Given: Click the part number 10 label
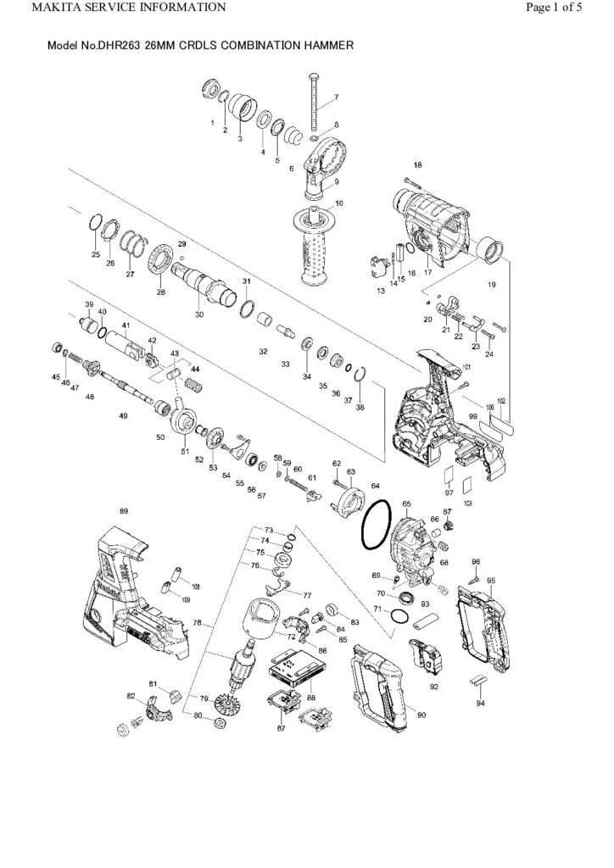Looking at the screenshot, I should click(x=339, y=203).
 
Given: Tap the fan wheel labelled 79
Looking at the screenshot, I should click(x=227, y=702).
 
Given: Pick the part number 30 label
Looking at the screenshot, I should click(x=199, y=314).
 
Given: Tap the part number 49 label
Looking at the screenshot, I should click(x=124, y=415).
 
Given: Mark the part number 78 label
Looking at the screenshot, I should click(x=197, y=623).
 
